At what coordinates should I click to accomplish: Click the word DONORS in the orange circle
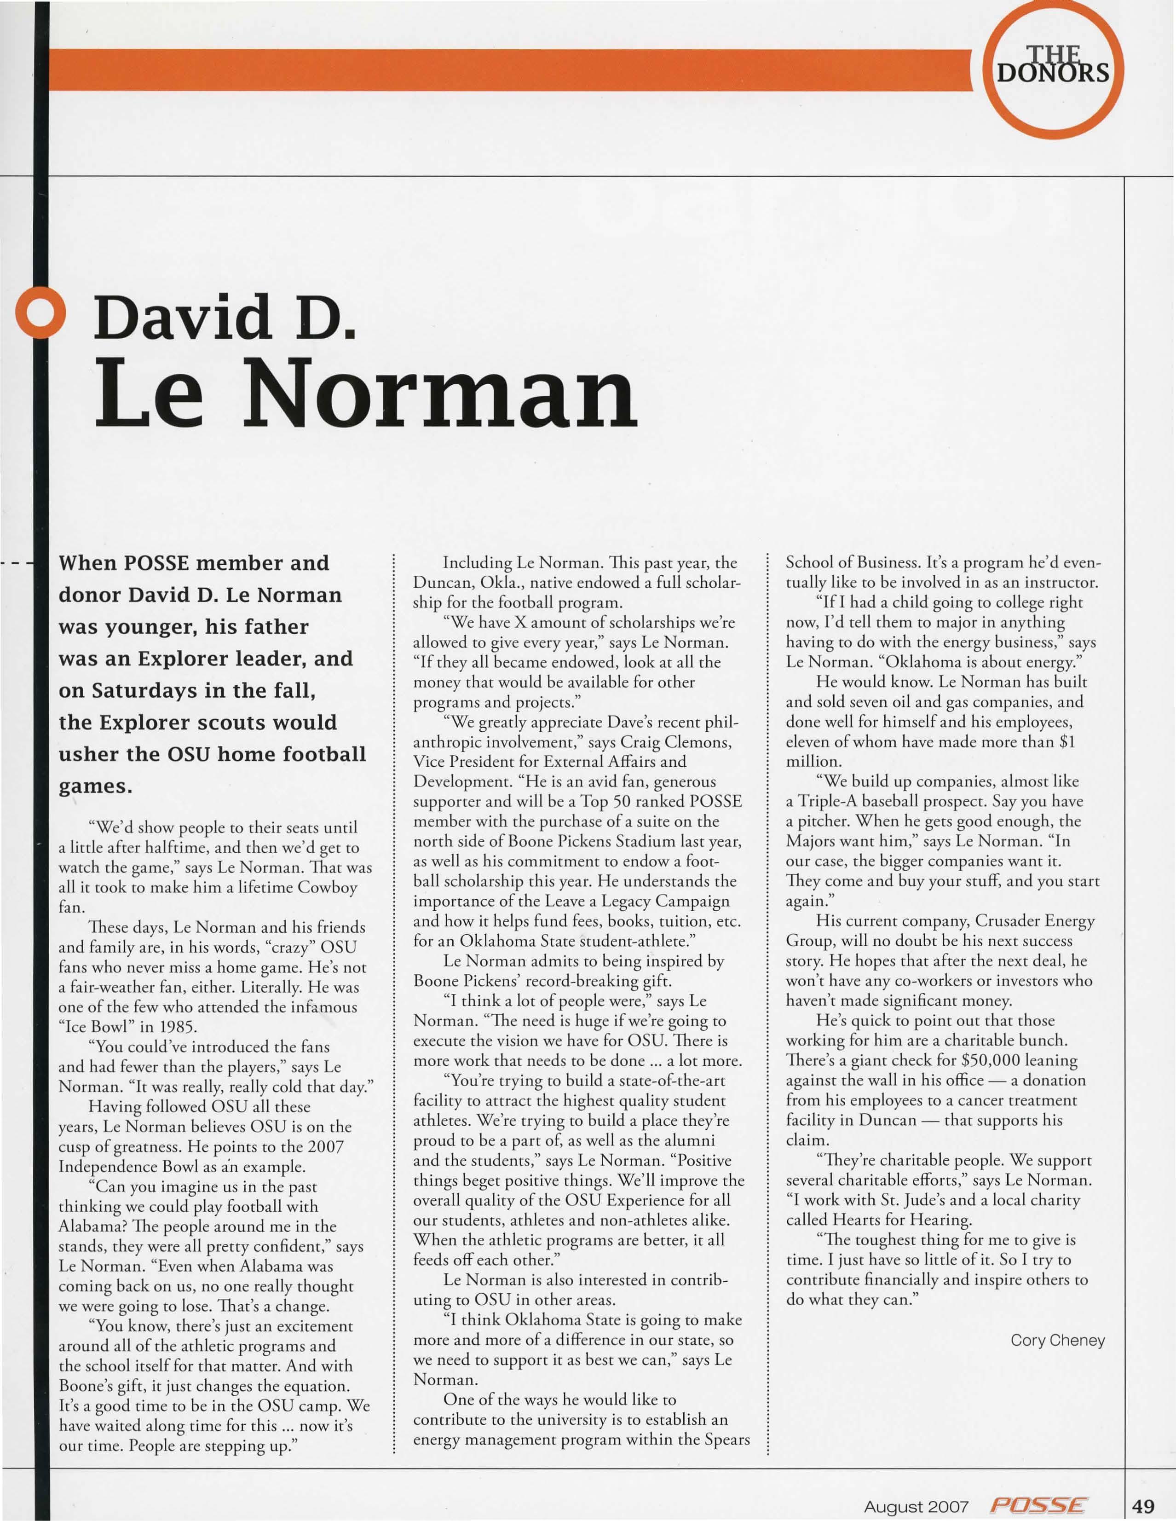pos(1053,72)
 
